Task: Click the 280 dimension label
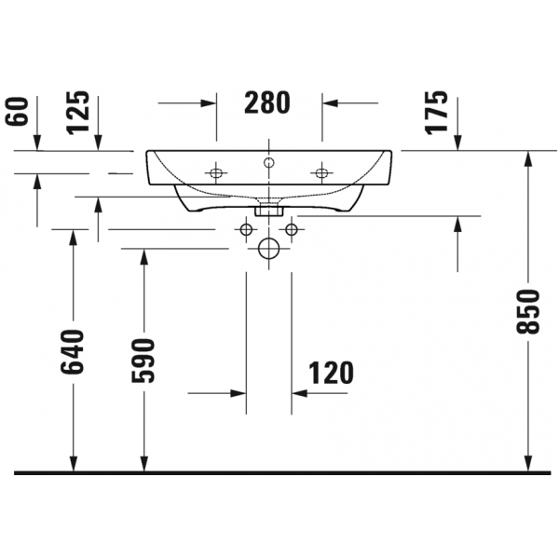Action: click(267, 102)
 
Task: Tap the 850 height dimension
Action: click(528, 312)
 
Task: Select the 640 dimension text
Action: click(73, 352)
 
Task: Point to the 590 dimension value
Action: click(143, 361)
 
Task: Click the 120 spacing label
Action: click(331, 373)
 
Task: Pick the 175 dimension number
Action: click(436, 113)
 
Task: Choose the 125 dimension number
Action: click(78, 113)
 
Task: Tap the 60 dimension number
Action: click(17, 112)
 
